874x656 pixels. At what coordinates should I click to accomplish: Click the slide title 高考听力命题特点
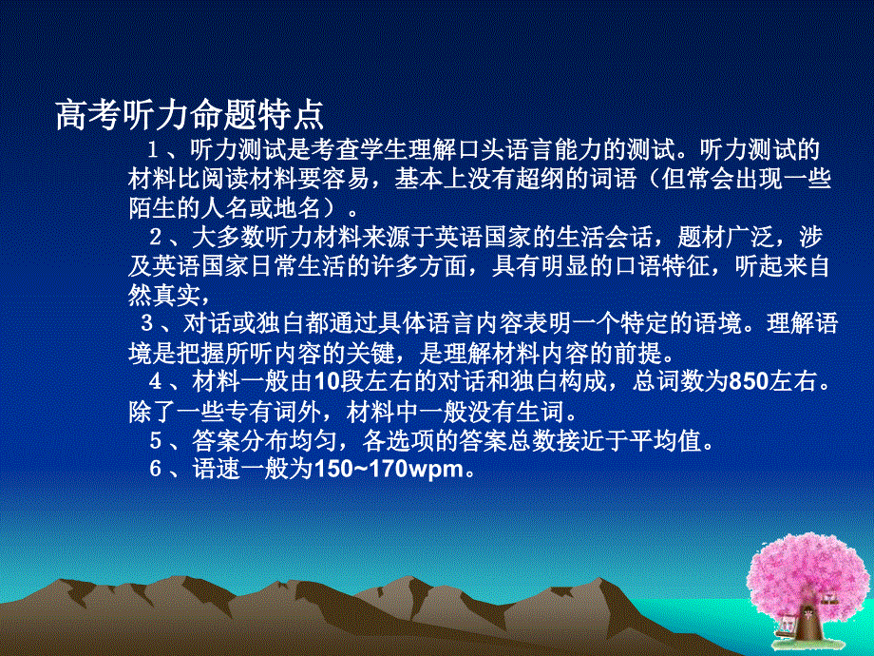coord(190,115)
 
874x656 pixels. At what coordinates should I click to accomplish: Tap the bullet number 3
coord(147,320)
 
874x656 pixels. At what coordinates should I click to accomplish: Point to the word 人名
coord(232,206)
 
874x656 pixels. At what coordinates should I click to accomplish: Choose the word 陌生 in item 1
coord(150,206)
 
